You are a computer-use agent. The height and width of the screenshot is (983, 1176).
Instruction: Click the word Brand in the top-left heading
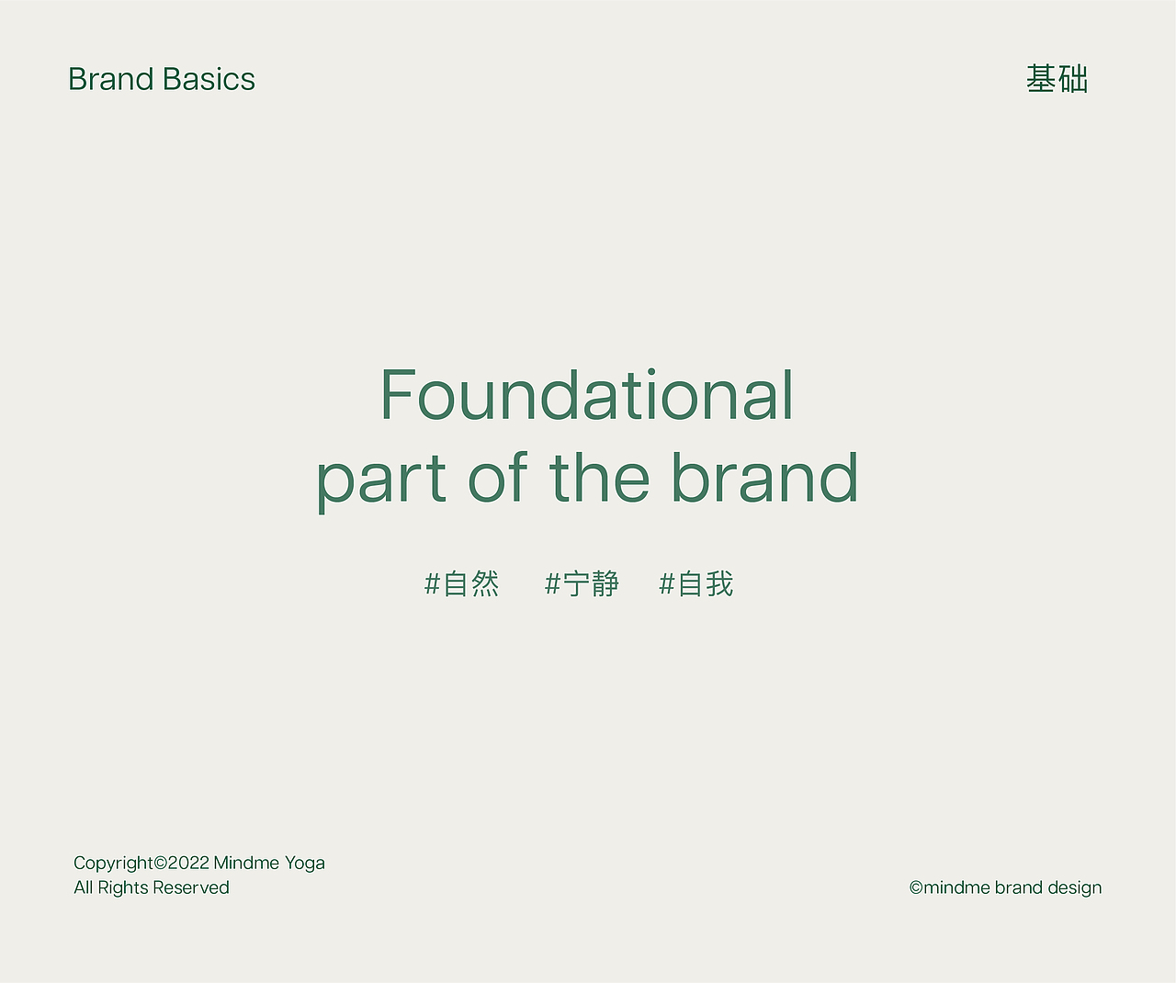tap(111, 79)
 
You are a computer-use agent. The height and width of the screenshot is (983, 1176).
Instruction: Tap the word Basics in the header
tap(209, 79)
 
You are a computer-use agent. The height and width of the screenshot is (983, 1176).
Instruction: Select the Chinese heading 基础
tap(1057, 79)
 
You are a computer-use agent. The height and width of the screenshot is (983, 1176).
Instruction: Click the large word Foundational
tap(587, 394)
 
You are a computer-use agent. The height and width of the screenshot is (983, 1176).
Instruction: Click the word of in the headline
tap(497, 477)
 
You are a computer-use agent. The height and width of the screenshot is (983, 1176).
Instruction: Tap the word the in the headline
tap(599, 477)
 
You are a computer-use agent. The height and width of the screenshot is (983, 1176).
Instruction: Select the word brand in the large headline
tap(764, 477)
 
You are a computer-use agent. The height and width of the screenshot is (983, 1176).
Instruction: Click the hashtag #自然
tap(462, 583)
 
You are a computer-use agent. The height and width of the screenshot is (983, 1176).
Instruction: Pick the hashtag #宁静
tap(582, 583)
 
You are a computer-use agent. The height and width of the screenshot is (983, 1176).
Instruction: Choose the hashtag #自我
tap(696, 583)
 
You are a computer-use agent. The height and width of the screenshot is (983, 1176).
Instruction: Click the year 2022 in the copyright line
tap(188, 863)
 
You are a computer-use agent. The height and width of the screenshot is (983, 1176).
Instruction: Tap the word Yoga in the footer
tap(305, 864)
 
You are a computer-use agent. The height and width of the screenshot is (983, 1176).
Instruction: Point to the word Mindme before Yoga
tap(247, 863)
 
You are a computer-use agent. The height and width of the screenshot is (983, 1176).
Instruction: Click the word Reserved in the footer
tap(191, 887)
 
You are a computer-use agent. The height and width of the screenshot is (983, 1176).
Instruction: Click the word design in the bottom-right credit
tap(1075, 888)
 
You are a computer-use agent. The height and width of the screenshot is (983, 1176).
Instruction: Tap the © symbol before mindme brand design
tap(916, 887)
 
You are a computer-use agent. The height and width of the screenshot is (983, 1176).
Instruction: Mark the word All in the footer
tap(84, 887)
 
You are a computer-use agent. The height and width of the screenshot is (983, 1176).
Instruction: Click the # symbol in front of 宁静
tap(552, 583)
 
